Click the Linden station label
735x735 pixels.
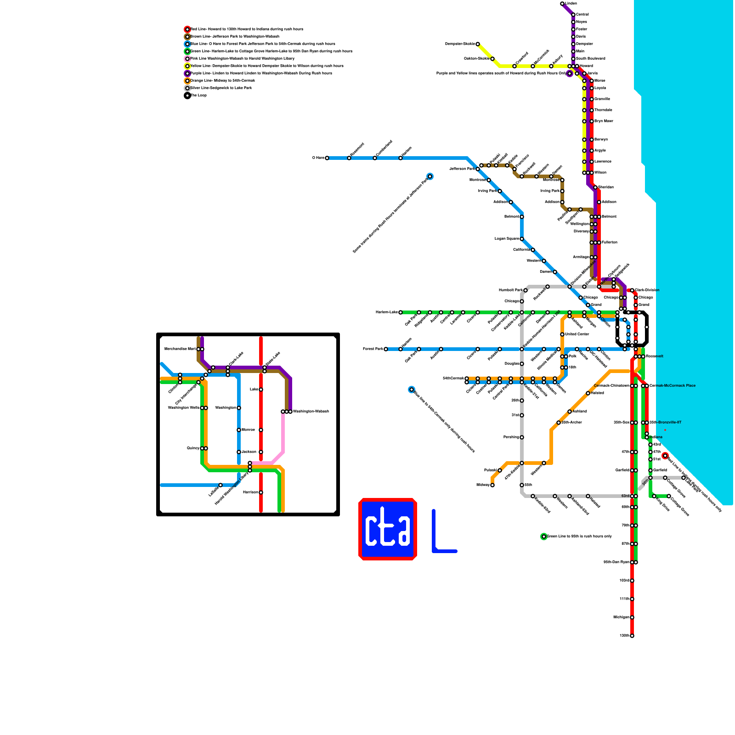pyautogui.click(x=571, y=4)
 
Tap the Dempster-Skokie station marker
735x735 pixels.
pyautogui.click(x=478, y=44)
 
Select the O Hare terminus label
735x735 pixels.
pyautogui.click(x=318, y=158)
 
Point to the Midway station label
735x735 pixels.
pyautogui.click(x=482, y=485)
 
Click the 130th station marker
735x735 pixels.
pyautogui.click(x=632, y=636)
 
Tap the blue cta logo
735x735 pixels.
pyautogui.click(x=388, y=529)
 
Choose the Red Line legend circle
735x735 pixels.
pyautogui.click(x=187, y=29)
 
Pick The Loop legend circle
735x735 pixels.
pyautogui.click(x=187, y=96)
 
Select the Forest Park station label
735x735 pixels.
pyautogui.click(x=373, y=349)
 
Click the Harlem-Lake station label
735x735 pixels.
pyautogui.click(x=386, y=312)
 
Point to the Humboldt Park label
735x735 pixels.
pyautogui.click(x=510, y=290)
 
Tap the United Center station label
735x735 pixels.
pyautogui.click(x=577, y=334)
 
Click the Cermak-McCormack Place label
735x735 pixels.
pyautogui.click(x=672, y=386)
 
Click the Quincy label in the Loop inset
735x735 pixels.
pyautogui.click(x=193, y=448)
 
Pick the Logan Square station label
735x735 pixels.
pyautogui.click(x=507, y=239)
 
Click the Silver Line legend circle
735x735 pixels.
pyautogui.click(x=187, y=88)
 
